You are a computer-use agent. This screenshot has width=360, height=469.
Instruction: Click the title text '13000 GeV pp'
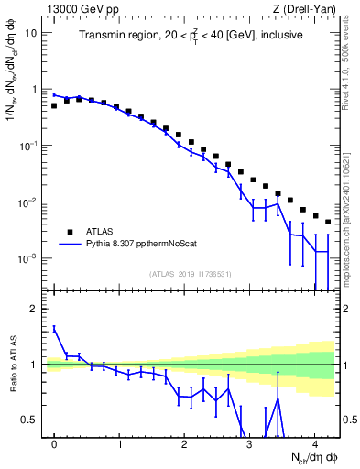pos(77,8)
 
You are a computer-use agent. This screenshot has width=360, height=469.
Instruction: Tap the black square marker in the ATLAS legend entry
pos(69,231)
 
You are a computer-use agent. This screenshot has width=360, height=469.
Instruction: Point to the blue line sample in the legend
pos(69,245)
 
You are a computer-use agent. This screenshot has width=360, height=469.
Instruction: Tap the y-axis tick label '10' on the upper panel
pos(31,33)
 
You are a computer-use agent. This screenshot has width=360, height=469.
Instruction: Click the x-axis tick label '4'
pos(314,444)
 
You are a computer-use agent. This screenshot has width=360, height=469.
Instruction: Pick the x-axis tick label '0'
pos(55,444)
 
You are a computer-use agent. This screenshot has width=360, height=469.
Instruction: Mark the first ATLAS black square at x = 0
pos(54,105)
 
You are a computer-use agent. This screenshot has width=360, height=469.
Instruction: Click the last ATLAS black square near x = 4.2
pos(327,222)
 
